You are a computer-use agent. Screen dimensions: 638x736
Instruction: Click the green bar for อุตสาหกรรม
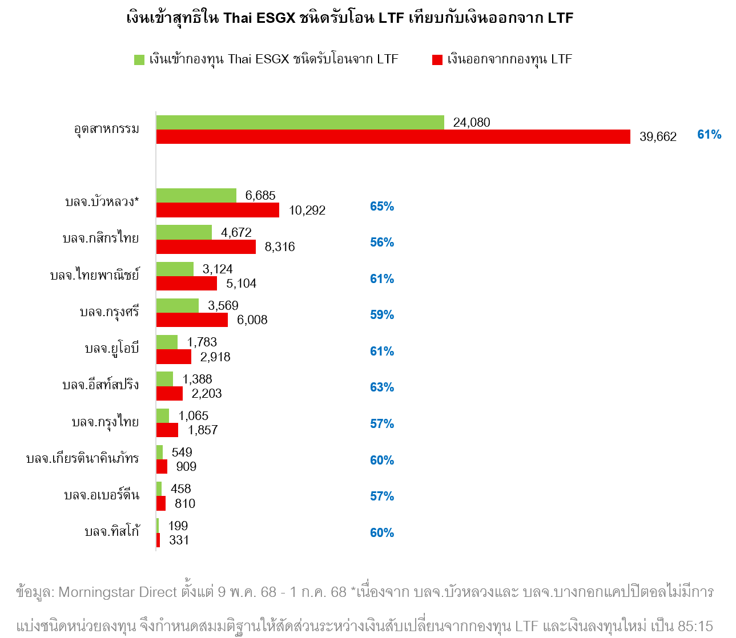coord(300,122)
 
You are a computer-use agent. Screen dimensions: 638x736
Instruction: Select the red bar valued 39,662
coord(393,137)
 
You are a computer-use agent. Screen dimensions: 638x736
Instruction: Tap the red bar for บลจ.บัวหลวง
coord(218,210)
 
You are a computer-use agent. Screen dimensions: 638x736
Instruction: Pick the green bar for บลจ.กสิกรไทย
coord(184,232)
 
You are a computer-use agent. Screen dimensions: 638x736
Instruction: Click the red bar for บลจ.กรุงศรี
coord(192,320)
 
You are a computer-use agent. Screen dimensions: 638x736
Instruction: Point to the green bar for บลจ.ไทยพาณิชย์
coord(175,269)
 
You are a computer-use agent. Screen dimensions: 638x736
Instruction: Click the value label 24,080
coord(472,122)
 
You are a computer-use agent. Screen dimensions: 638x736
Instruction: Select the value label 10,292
coord(307,211)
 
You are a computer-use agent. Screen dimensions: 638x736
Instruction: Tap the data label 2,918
coord(215,357)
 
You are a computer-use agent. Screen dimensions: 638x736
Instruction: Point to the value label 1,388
coord(197,379)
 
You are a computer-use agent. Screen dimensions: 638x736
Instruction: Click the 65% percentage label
coord(382,207)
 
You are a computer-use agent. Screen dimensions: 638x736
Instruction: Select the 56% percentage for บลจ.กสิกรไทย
coord(382,243)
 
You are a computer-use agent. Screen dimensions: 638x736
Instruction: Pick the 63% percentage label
coord(382,387)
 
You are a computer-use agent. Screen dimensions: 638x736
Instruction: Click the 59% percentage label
coord(382,315)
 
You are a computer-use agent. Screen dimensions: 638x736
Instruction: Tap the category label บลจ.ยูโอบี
coord(112,348)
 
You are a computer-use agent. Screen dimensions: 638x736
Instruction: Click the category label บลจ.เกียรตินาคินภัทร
coord(83,458)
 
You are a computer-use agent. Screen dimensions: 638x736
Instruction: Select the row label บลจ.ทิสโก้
coord(112,531)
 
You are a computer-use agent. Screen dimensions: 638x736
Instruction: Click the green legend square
coord(139,60)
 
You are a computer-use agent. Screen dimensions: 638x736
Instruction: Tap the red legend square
coord(437,60)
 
